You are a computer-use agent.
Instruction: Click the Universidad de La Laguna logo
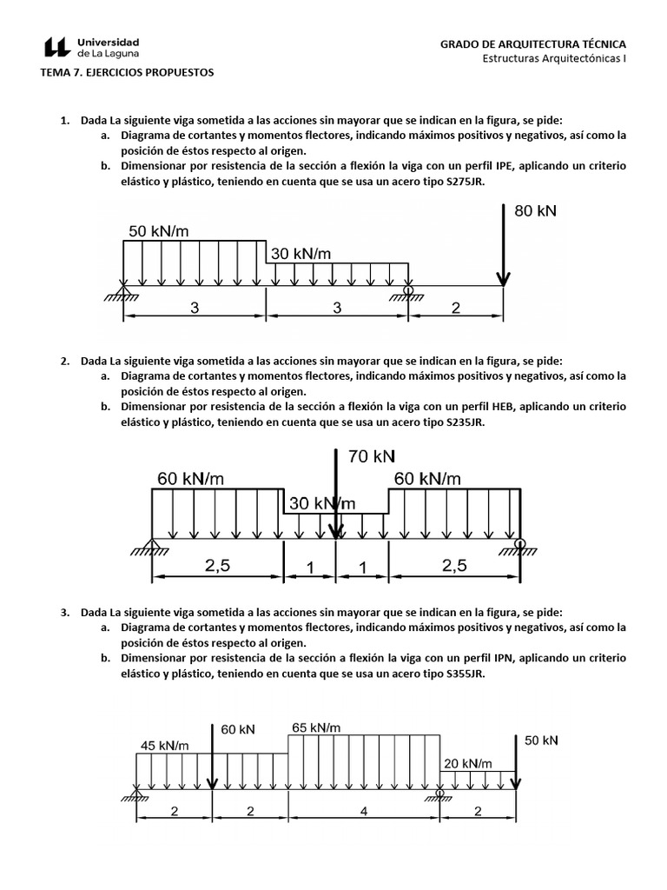pos(91,47)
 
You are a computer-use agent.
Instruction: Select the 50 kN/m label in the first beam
pos(160,231)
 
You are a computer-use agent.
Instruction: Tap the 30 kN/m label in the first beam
pos(301,254)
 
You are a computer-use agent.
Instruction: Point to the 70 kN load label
pos(372,455)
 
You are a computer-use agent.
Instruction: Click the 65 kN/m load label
pos(315,727)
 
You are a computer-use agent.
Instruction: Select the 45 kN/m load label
pos(165,745)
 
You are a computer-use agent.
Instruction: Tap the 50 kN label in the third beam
pos(541,740)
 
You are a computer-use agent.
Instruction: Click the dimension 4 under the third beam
pos(364,811)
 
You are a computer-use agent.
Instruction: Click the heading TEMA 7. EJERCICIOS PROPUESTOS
pos(127,73)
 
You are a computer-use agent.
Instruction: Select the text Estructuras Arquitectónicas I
pos(554,59)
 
